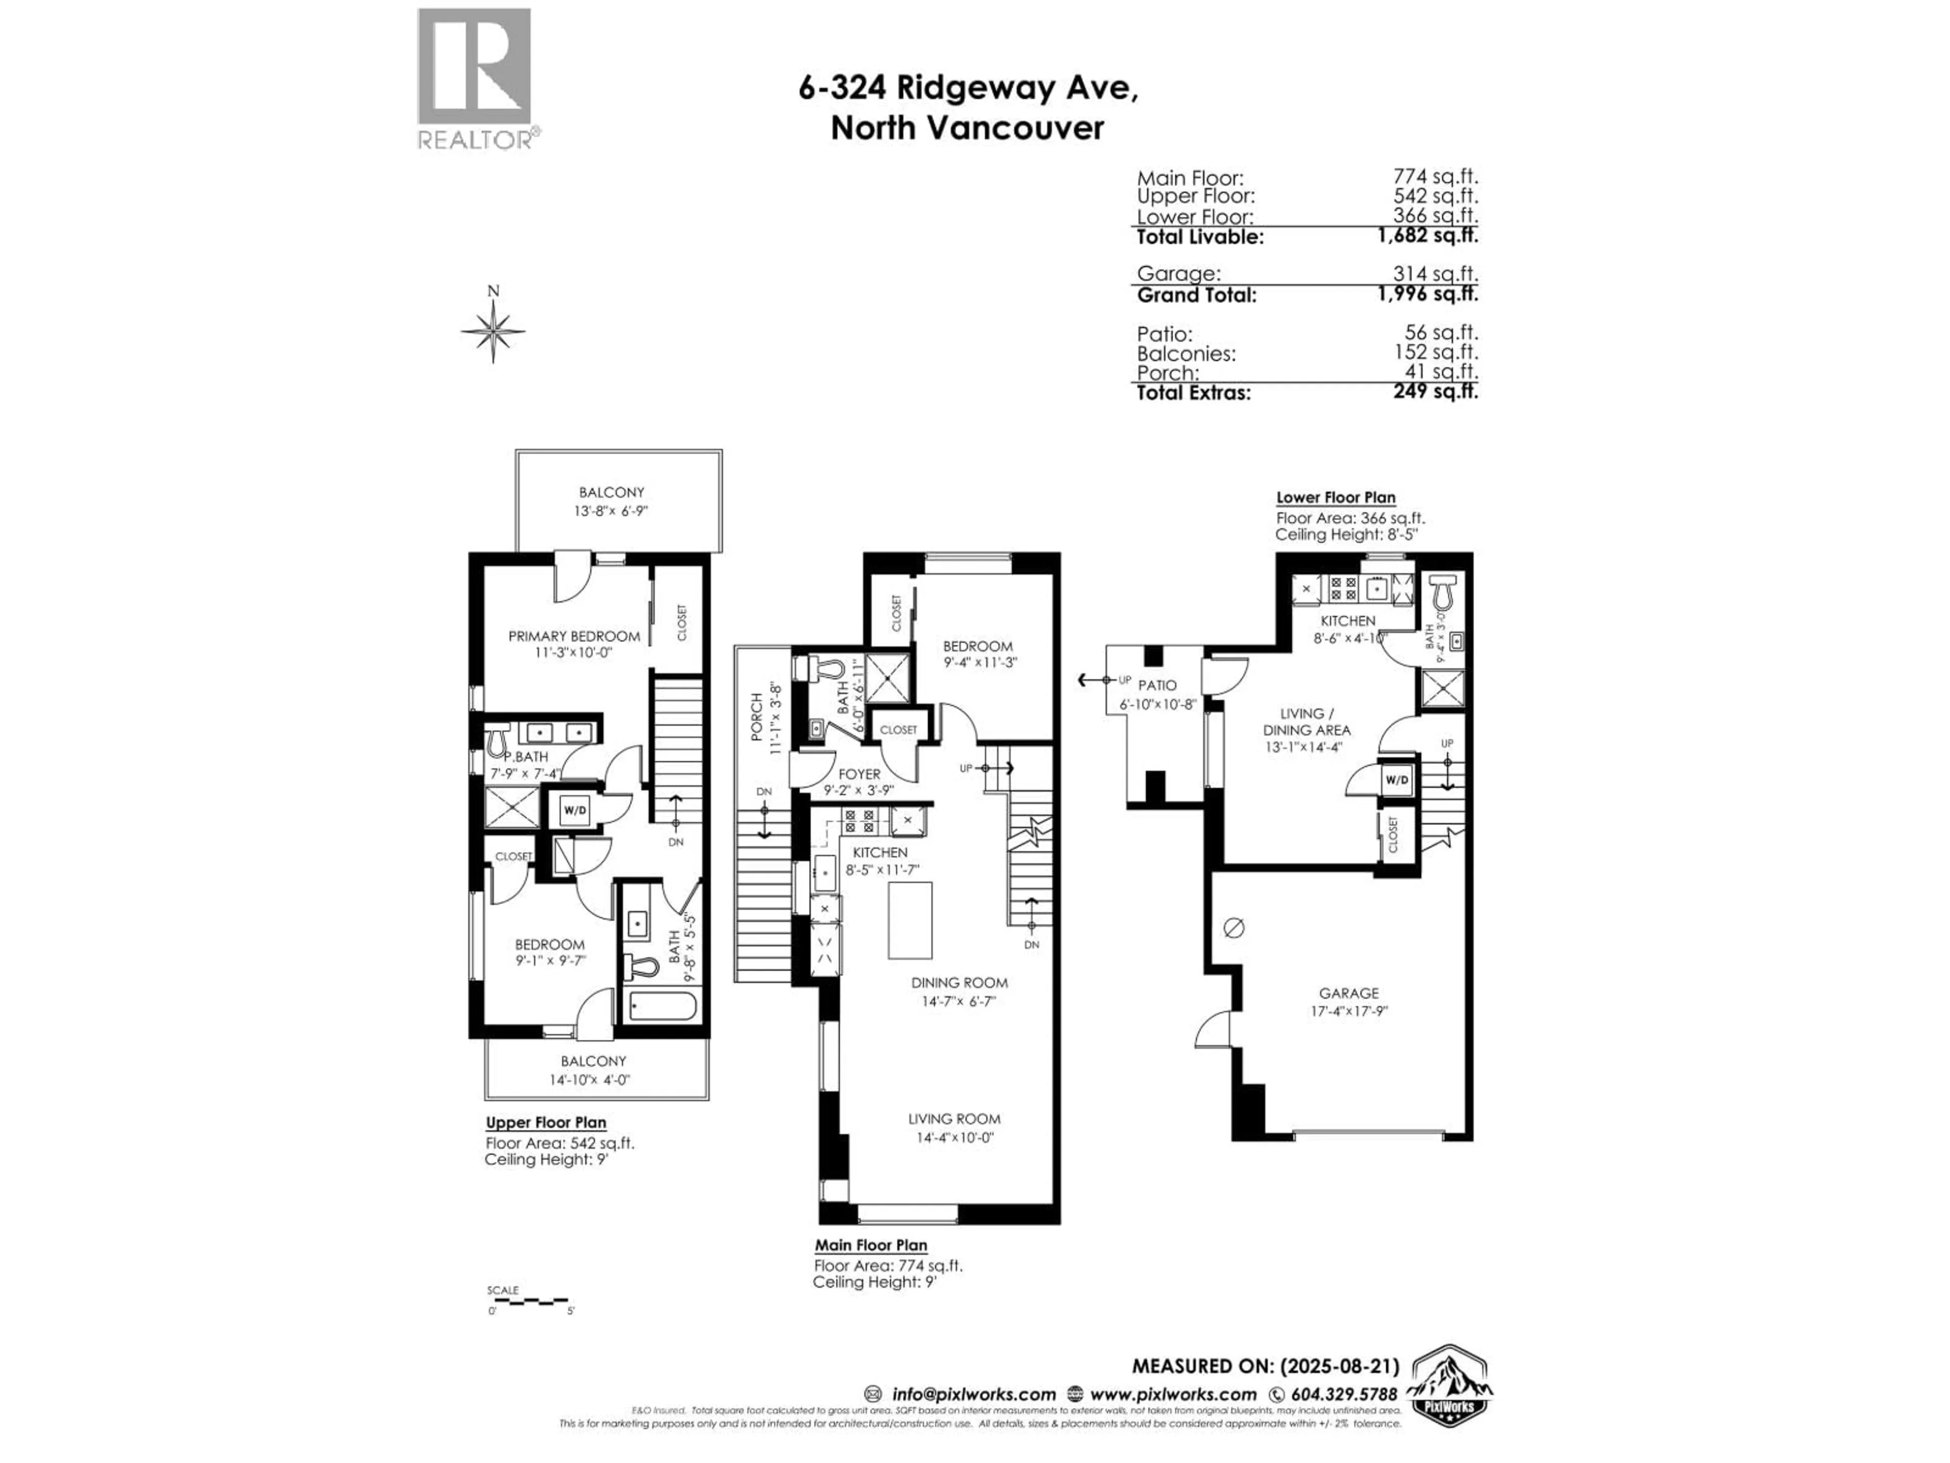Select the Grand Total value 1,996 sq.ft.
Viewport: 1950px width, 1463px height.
(1427, 295)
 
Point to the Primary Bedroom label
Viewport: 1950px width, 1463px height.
(574, 636)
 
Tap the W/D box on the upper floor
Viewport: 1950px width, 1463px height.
(575, 810)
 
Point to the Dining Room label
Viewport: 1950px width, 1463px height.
(959, 982)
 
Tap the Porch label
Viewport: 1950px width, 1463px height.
(756, 716)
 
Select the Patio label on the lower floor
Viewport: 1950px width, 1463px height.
(1157, 685)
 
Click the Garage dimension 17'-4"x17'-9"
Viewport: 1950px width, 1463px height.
(1349, 1011)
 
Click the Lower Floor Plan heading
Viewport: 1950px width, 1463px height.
(1336, 497)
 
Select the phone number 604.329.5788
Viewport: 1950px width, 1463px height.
(1344, 1394)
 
